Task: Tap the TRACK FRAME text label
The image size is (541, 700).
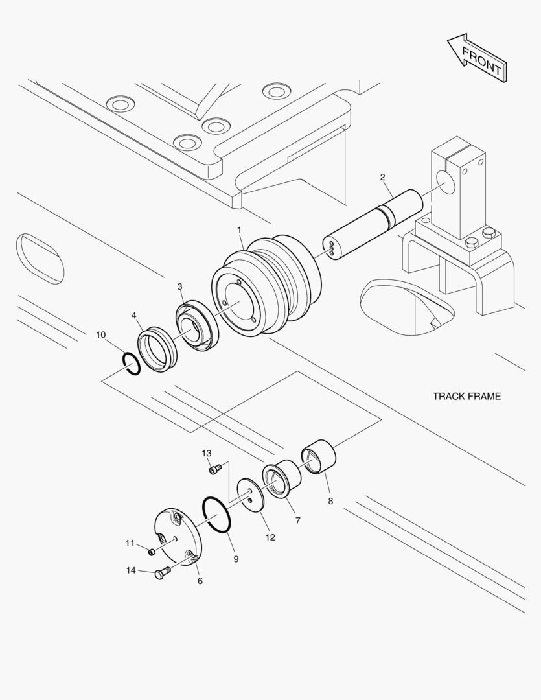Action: point(466,396)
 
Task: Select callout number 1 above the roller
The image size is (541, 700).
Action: point(239,230)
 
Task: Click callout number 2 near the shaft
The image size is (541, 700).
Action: point(382,177)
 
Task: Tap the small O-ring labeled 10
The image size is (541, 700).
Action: point(130,364)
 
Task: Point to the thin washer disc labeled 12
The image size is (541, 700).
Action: point(250,496)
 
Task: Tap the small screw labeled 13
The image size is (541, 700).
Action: point(216,469)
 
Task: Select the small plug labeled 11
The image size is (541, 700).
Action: point(151,552)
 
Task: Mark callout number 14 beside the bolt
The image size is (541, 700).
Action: point(132,570)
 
